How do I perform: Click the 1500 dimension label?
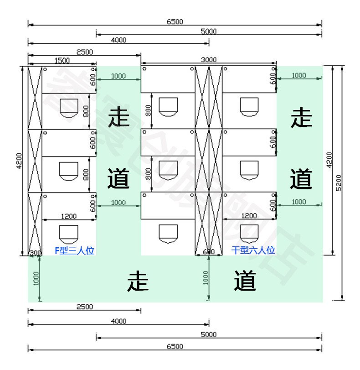click(x=62, y=60)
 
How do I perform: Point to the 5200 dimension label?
click(x=339, y=183)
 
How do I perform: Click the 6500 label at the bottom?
click(x=175, y=346)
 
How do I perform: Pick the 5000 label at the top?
click(x=209, y=31)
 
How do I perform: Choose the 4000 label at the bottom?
click(x=118, y=321)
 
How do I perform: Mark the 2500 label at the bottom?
click(x=84, y=307)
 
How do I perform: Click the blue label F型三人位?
click(x=74, y=250)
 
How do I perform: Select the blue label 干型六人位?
click(x=253, y=250)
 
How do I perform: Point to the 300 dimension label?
click(x=35, y=253)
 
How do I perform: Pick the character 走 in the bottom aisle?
click(x=138, y=280)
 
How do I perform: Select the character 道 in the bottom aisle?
click(x=245, y=280)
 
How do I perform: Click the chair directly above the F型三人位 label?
click(x=68, y=234)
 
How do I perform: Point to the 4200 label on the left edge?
click(x=19, y=161)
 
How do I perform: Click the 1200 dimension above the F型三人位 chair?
click(x=68, y=216)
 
